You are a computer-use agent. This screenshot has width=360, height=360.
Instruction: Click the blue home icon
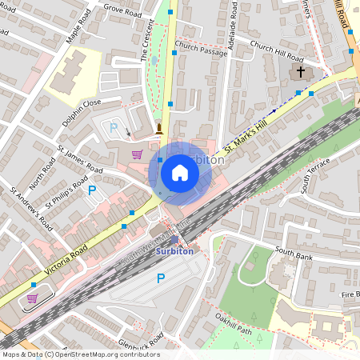(x=180, y=173)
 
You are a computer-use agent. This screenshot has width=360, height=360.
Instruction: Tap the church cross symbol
(x=301, y=73)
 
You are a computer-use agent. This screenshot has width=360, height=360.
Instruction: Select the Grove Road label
(x=122, y=10)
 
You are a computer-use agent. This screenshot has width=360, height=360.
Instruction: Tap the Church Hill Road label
(x=277, y=52)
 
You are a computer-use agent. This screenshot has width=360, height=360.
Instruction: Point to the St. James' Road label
(x=79, y=159)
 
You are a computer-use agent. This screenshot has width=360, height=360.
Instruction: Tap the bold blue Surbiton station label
(x=174, y=250)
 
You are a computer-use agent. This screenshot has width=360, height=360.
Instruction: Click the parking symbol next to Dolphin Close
(x=113, y=127)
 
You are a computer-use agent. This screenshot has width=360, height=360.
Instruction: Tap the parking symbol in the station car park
(x=161, y=278)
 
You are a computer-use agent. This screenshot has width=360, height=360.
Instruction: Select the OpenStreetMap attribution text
(x=81, y=354)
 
